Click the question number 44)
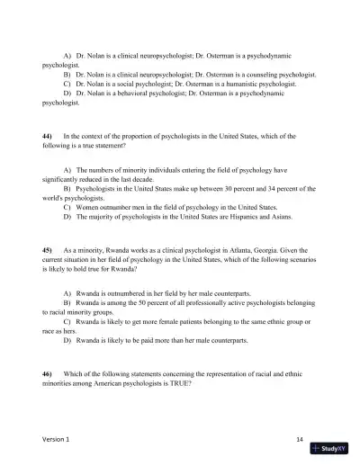pos(48,135)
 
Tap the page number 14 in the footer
pos(299,437)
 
